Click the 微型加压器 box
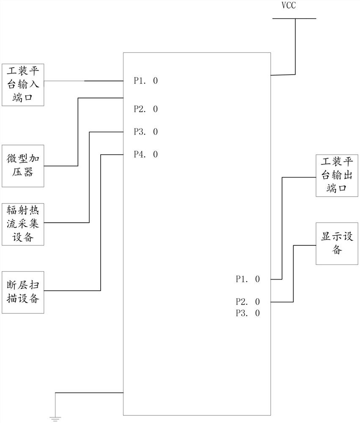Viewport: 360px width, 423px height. pyautogui.click(x=23, y=165)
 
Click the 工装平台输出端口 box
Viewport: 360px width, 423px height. pyautogui.click(x=337, y=175)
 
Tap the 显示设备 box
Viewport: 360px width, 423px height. pyautogui.click(x=337, y=243)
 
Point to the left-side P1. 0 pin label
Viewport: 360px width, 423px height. pyautogui.click(x=146, y=81)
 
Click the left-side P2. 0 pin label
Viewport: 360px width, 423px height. pyautogui.click(x=146, y=109)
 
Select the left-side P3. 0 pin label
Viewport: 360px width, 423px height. pyautogui.click(x=146, y=132)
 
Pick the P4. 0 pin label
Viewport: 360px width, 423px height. pyautogui.click(x=146, y=154)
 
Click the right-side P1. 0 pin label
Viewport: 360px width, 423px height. pyautogui.click(x=247, y=279)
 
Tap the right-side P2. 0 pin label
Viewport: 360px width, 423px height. pyautogui.click(x=247, y=302)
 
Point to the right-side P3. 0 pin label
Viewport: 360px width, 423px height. pyautogui.click(x=247, y=313)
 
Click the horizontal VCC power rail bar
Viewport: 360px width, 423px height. pyautogui.click(x=294, y=19)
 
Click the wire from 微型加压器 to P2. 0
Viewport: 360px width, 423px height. pyautogui.click(x=78, y=131)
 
